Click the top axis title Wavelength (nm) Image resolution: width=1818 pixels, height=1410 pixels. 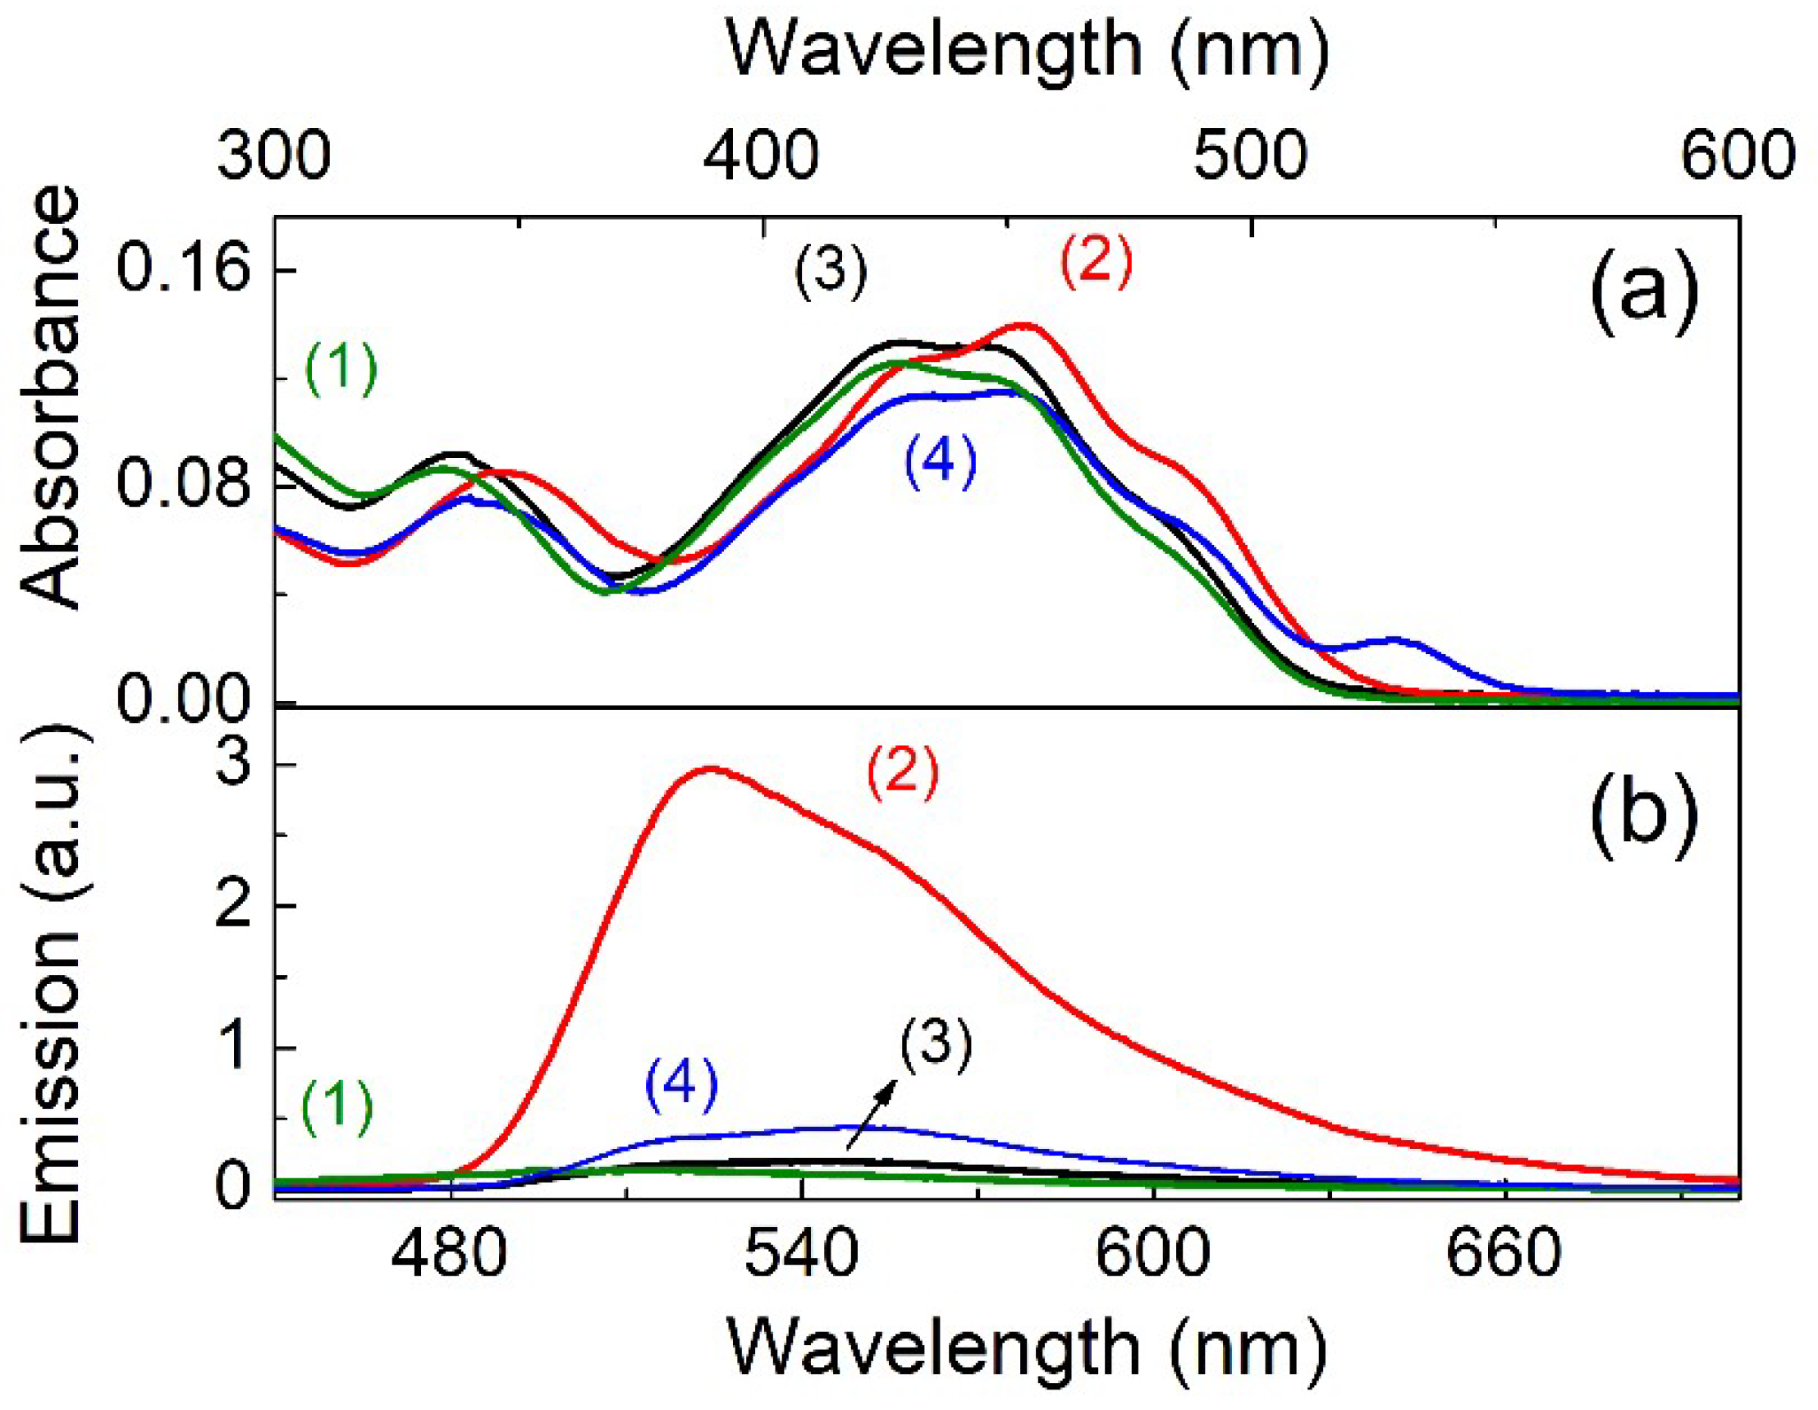coord(1028,52)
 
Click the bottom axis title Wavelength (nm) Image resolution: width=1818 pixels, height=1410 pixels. coord(1028,1349)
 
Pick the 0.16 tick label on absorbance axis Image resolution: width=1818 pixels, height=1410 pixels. coord(184,270)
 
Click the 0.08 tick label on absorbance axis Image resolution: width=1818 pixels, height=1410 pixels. coord(184,486)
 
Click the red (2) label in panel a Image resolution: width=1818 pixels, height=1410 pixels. coord(1097,263)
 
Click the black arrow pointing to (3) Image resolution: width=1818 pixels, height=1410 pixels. coord(871,1115)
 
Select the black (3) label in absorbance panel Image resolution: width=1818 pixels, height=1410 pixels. coord(830,272)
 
